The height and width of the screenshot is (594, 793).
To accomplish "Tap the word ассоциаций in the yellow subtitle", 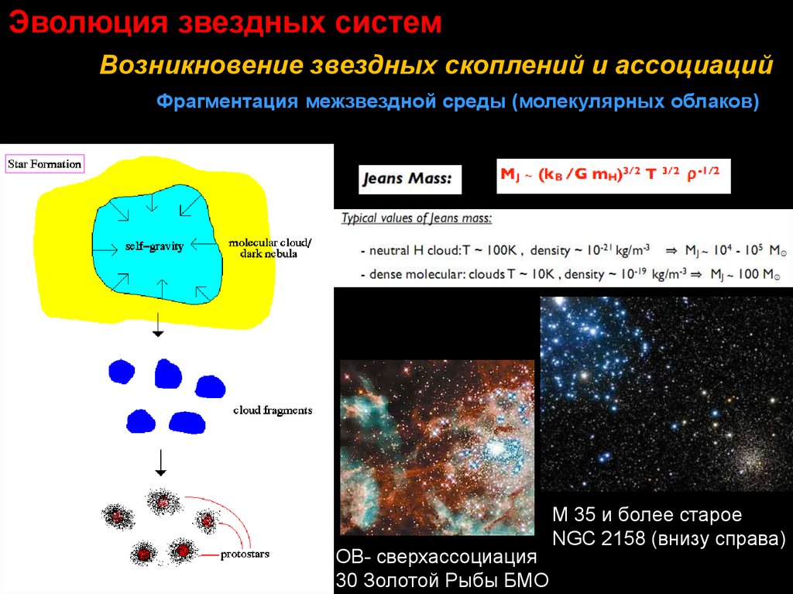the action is (695, 66).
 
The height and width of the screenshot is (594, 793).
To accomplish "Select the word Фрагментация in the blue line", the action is (227, 101).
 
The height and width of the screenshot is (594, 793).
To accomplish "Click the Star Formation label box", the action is (44, 164).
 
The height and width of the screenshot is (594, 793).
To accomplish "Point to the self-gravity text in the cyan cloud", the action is (154, 246).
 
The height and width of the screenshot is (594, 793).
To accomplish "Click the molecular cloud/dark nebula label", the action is (269, 248).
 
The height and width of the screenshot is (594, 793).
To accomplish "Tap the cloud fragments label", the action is (273, 410).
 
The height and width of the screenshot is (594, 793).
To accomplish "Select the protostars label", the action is (245, 554).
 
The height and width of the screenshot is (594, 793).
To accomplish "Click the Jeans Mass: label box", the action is (410, 179).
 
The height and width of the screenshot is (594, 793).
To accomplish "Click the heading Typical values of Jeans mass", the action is (416, 218).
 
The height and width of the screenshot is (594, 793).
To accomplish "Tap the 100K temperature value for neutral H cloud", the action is (501, 250).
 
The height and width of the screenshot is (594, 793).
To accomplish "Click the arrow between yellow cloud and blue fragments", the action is (158, 324).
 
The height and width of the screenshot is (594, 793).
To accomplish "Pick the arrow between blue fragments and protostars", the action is (161, 462).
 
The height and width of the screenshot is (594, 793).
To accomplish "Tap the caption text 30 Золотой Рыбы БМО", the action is (442, 580).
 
